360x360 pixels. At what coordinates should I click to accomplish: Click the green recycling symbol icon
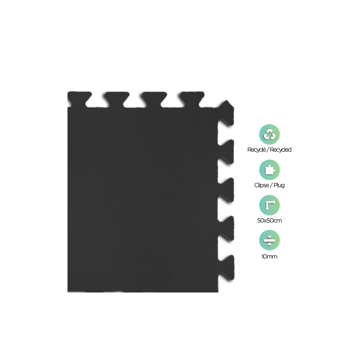coord(269,135)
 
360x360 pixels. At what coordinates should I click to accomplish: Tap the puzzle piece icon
coord(269,170)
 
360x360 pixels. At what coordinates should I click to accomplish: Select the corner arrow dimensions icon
coord(269,205)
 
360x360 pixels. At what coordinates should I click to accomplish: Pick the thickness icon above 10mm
coord(269,240)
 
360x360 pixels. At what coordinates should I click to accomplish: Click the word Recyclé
coord(256,150)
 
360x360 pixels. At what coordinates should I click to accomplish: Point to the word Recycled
coord(280,150)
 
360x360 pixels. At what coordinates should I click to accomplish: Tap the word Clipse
coord(262,185)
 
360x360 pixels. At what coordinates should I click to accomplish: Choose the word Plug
coord(279,185)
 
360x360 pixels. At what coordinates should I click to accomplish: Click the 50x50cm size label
coord(269,220)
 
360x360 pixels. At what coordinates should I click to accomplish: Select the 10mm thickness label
coord(269,256)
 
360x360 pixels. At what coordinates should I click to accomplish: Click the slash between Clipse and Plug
coord(271,185)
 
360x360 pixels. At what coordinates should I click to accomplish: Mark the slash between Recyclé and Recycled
coord(267,150)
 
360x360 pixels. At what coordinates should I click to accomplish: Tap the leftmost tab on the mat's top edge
coord(80,99)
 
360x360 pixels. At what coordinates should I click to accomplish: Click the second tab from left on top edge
coord(117,99)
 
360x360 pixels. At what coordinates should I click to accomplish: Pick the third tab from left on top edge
coord(154,99)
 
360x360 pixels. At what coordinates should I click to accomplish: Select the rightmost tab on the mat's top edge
coord(192,99)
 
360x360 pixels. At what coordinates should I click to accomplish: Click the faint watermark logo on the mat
coord(184,277)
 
